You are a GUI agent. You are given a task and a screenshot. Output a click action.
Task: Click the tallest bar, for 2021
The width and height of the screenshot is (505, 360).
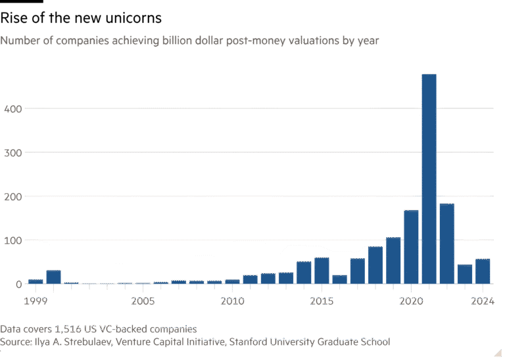(429, 179)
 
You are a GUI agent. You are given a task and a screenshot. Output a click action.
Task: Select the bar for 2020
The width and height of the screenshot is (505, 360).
(411, 247)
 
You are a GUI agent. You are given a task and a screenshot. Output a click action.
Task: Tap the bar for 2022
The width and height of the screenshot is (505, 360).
(446, 244)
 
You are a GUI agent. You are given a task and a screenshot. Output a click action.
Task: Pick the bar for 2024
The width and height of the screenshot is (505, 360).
(483, 271)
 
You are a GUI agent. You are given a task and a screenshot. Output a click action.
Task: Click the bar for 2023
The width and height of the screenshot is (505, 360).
(464, 275)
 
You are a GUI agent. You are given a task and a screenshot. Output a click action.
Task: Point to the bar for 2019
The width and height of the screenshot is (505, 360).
(393, 260)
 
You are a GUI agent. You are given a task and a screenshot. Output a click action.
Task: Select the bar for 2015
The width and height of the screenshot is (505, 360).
(322, 271)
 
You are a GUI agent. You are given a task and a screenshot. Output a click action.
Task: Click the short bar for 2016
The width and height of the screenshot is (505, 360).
(339, 280)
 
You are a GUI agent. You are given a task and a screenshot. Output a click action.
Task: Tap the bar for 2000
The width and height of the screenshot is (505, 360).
(53, 277)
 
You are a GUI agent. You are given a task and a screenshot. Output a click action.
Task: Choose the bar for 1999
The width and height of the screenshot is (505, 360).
(36, 281)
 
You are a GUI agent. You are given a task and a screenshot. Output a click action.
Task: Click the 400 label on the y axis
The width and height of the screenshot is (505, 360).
(13, 108)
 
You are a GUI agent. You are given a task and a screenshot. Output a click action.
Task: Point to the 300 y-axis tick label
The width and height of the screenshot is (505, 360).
(13, 152)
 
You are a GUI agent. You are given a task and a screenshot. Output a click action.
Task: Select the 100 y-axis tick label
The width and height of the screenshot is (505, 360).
(13, 240)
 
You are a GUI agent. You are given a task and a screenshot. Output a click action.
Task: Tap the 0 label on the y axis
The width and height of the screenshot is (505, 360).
(20, 284)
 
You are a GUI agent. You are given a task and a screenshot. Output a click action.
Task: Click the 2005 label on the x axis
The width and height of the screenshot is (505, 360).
(143, 301)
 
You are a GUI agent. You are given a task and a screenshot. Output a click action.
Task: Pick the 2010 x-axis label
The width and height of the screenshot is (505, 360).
(232, 301)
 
